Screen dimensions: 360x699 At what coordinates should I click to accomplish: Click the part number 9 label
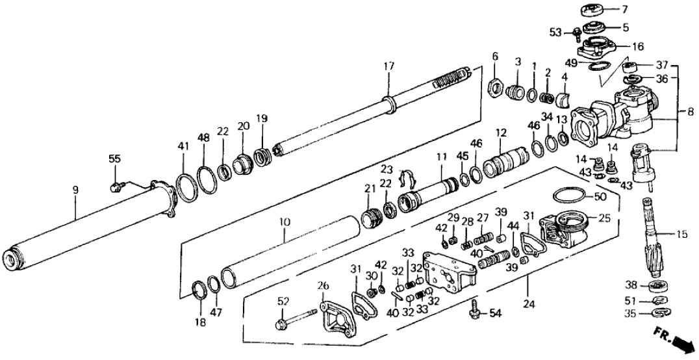click(x=75, y=190)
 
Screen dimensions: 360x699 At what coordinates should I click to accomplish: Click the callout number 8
click(x=689, y=111)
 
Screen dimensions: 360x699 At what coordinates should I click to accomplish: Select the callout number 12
click(x=500, y=133)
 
